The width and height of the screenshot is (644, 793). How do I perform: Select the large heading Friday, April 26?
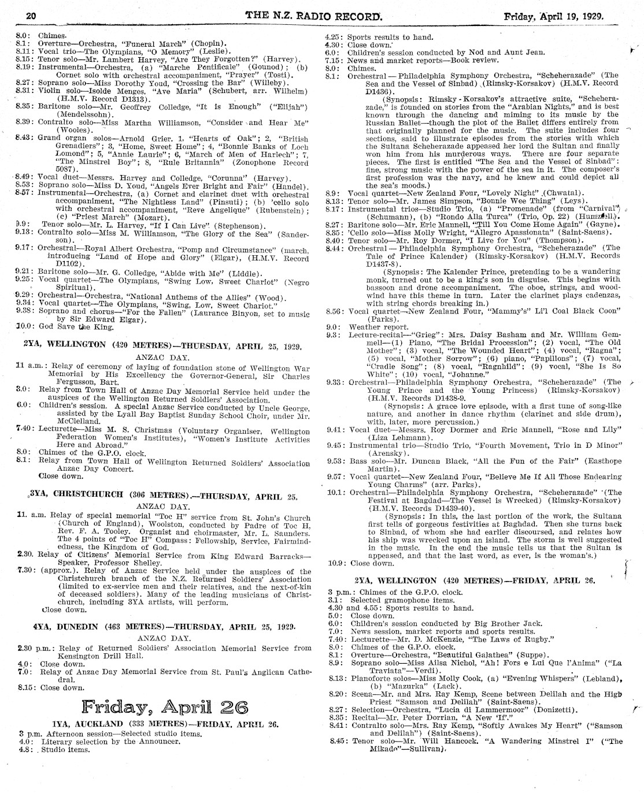165,707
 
